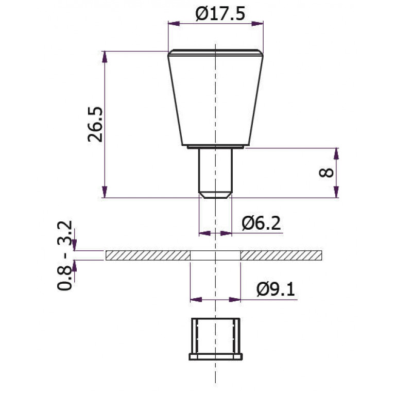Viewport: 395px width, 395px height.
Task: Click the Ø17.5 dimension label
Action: [220, 14]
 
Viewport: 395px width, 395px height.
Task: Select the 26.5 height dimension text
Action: [95, 125]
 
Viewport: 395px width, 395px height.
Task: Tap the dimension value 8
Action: [326, 173]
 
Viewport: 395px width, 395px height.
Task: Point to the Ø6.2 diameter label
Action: [261, 223]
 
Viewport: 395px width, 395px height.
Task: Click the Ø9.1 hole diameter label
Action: [276, 289]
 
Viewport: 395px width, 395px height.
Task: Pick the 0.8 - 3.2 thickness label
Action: [65, 255]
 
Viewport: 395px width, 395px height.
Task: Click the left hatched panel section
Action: [148, 255]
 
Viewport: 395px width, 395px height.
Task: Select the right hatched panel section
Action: [281, 255]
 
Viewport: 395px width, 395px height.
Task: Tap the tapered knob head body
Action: [216, 97]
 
